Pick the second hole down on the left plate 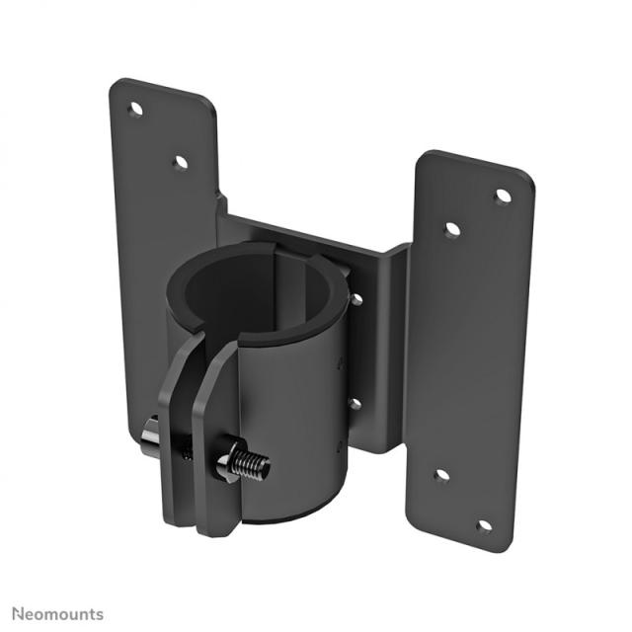pos(180,162)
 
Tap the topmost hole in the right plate pos(503,196)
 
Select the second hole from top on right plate pos(452,229)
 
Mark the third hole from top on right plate pos(441,476)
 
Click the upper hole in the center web pos(355,298)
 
